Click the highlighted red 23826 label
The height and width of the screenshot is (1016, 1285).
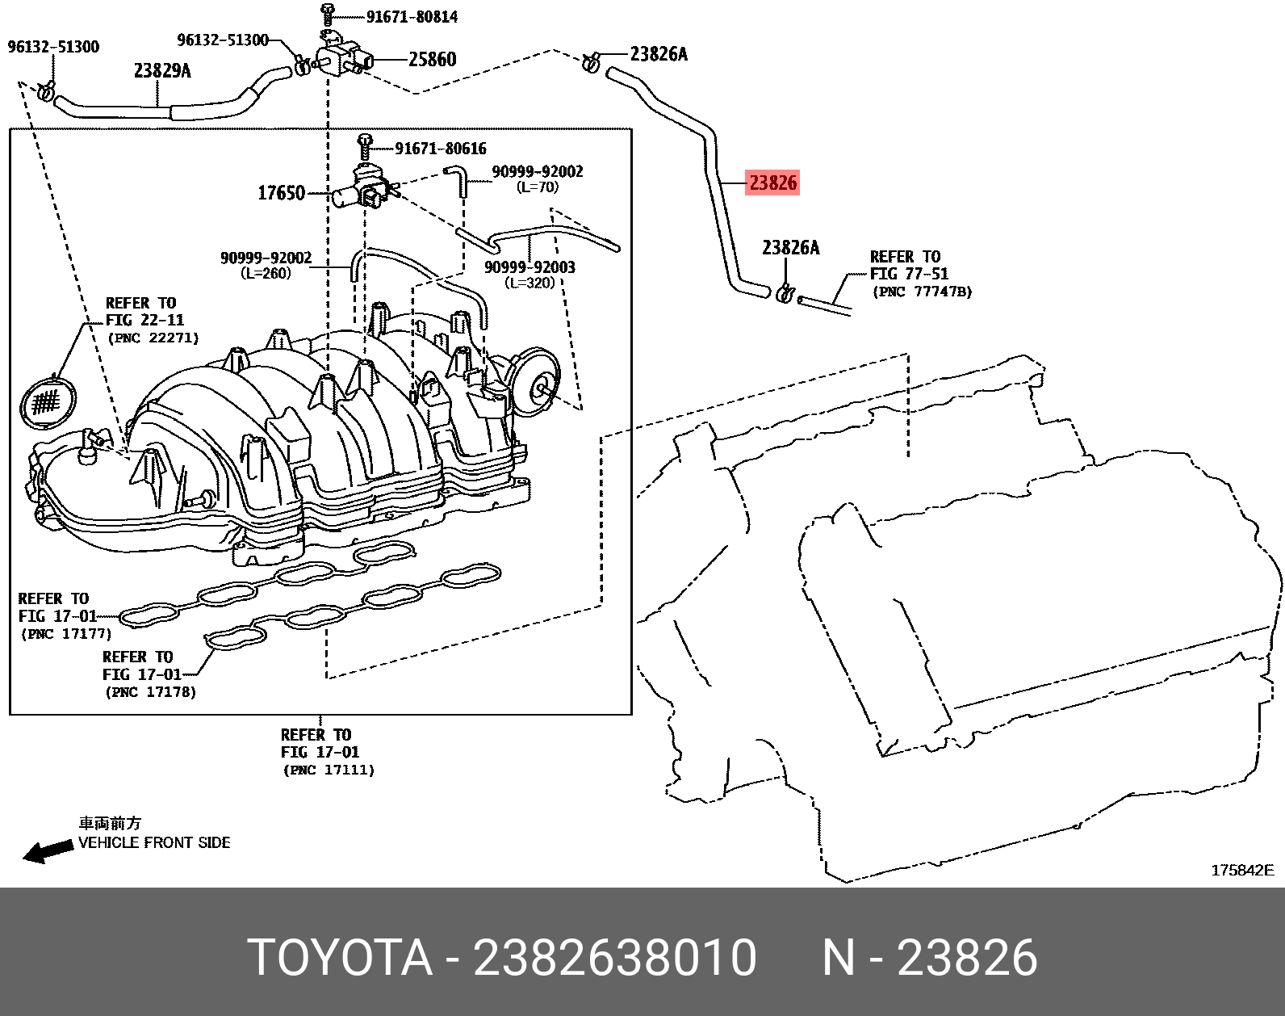pyautogui.click(x=772, y=183)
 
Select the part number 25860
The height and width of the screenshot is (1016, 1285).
pyautogui.click(x=432, y=60)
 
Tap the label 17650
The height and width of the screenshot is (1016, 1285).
pyautogui.click(x=281, y=193)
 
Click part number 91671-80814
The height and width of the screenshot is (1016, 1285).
pyautogui.click(x=412, y=16)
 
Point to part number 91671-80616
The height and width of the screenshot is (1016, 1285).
pyautogui.click(x=441, y=149)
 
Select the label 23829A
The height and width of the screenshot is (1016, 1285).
pyautogui.click(x=162, y=71)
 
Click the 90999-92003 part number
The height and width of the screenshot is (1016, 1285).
pyautogui.click(x=529, y=267)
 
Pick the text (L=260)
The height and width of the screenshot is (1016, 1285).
pyautogui.click(x=266, y=273)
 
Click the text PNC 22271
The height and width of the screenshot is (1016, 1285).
pyautogui.click(x=153, y=338)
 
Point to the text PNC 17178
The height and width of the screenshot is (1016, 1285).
pyautogui.click(x=150, y=692)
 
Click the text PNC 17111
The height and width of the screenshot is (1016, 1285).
pyautogui.click(x=329, y=770)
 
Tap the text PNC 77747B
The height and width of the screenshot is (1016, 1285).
pyautogui.click(x=922, y=292)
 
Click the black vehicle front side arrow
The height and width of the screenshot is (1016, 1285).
pyautogui.click(x=46, y=850)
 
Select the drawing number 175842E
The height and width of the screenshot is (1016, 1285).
pyautogui.click(x=1241, y=870)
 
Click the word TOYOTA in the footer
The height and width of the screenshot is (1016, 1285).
pyautogui.click(x=340, y=958)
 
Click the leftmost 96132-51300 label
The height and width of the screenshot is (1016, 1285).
pyautogui.click(x=53, y=47)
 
